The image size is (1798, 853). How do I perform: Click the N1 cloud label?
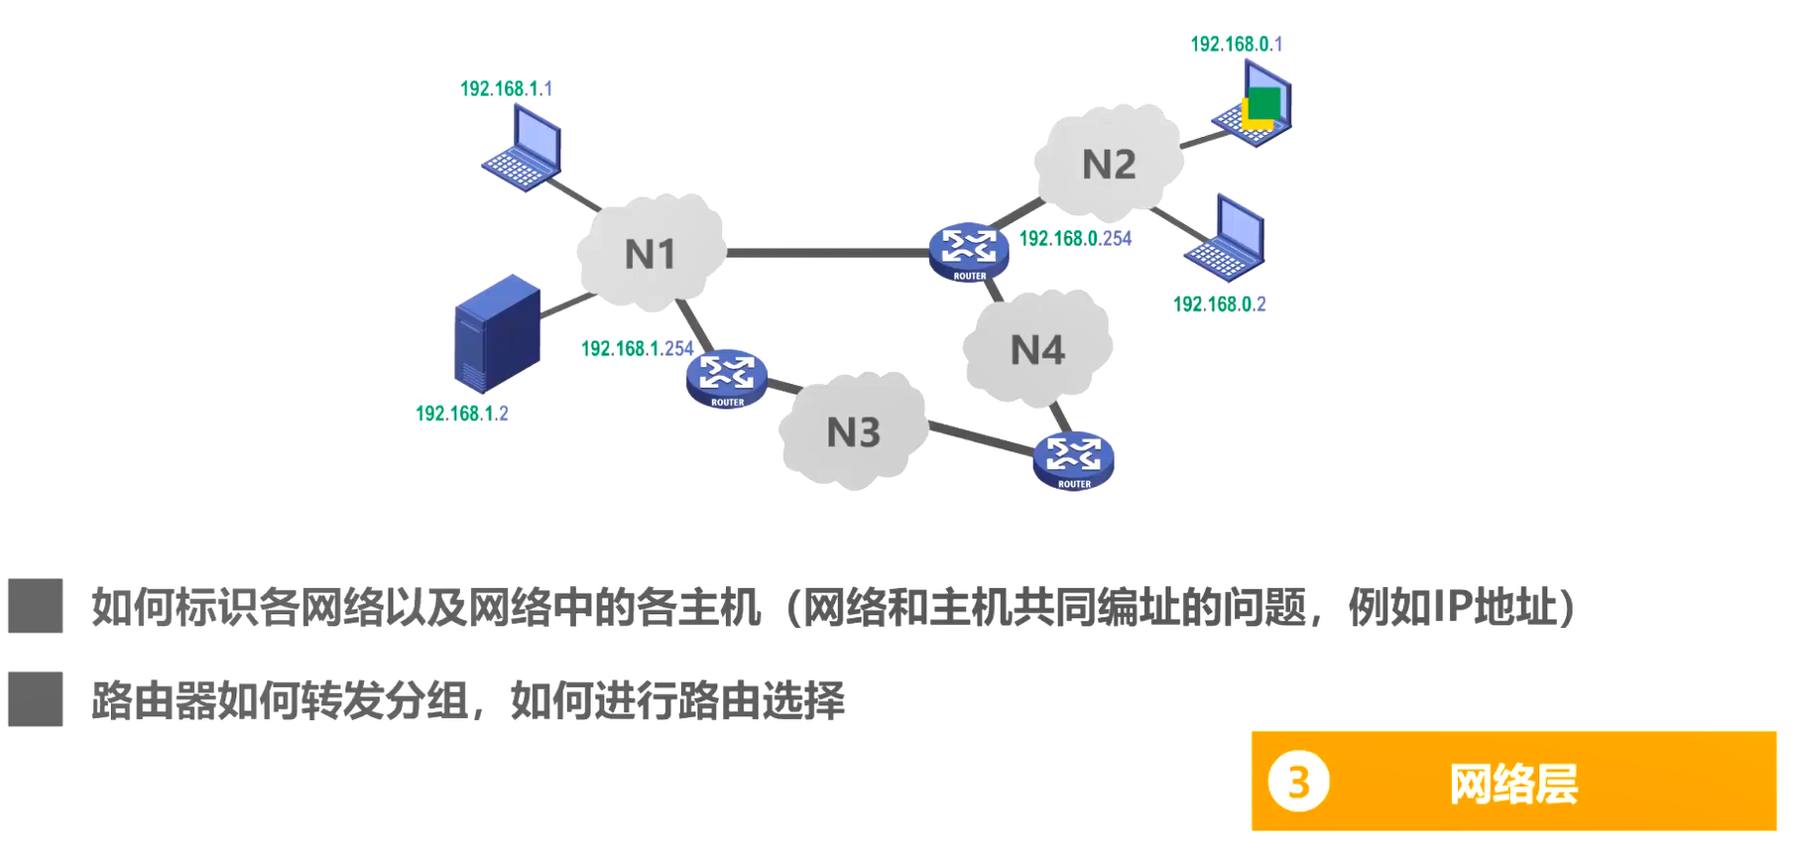coord(650,255)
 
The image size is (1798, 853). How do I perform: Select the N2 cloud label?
coord(1108,165)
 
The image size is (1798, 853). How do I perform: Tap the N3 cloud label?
coord(853,432)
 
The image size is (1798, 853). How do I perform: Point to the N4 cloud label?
coord(1037,350)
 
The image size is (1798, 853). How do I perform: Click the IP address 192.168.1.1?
coord(506,89)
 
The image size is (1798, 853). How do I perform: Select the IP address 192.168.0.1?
coord(1236,45)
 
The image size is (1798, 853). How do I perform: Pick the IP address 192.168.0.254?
coord(1075,239)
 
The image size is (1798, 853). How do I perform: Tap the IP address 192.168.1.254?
coord(637,349)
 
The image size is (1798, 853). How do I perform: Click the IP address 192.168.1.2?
coord(461,414)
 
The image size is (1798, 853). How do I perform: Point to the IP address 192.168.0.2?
coord(1219,305)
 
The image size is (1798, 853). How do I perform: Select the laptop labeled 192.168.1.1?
coord(523,149)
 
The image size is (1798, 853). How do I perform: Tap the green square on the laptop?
coord(1264,103)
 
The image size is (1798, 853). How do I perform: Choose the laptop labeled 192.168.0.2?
coord(1226,238)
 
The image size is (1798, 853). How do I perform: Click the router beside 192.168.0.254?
coord(968,251)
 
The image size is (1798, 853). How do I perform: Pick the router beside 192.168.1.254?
coord(726,378)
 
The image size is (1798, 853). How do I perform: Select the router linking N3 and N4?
coord(1073,460)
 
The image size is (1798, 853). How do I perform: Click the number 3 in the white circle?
coord(1298,783)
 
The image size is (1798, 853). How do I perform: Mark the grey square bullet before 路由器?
coord(36,699)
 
